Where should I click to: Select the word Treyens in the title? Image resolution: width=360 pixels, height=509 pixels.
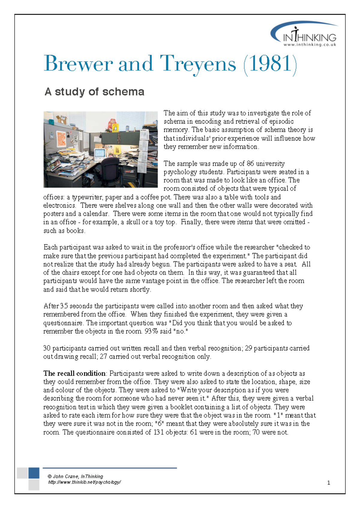[198, 64]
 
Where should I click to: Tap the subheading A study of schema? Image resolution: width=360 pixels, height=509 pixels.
[94, 92]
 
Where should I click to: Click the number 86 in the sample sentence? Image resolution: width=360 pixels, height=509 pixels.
[250, 164]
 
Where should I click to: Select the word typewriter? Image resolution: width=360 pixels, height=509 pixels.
[88, 197]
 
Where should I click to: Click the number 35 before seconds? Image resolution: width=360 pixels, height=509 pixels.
[64, 306]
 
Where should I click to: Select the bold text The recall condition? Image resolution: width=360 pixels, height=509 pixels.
[74, 374]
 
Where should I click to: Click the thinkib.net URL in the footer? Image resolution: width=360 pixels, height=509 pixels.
[84, 482]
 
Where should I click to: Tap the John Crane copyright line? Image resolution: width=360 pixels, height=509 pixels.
[75, 476]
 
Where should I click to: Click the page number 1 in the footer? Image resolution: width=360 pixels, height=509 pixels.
[328, 483]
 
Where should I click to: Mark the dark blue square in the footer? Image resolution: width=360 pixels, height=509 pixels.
[34, 473]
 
